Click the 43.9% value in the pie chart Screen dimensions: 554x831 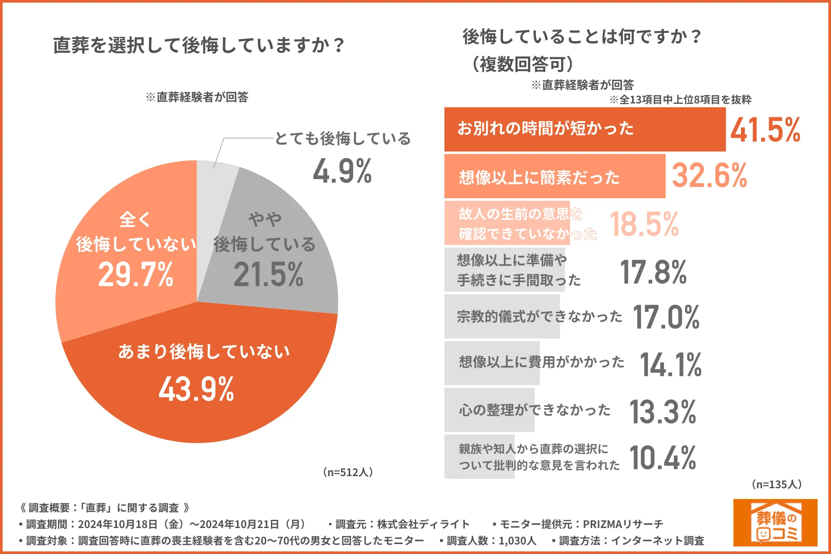(x=196, y=389)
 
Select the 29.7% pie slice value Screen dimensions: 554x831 (x=135, y=275)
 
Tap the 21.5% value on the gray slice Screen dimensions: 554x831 (x=268, y=275)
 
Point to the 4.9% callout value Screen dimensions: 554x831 (x=342, y=171)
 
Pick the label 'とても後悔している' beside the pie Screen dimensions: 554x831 (x=342, y=138)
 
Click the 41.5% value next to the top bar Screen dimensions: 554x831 (x=765, y=130)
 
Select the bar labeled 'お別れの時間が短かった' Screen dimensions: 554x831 (x=584, y=129)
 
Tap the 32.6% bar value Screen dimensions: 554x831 (x=709, y=176)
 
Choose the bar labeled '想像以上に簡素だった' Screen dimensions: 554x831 (x=554, y=177)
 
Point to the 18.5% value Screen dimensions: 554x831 (x=644, y=224)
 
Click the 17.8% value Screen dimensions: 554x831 (x=653, y=272)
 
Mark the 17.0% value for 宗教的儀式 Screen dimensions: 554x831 (x=666, y=317)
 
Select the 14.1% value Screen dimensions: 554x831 (x=670, y=364)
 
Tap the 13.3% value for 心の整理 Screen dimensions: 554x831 (x=663, y=412)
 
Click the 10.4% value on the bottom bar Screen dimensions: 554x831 (x=663, y=458)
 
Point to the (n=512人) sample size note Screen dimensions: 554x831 (x=348, y=472)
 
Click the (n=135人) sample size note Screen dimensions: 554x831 (x=776, y=484)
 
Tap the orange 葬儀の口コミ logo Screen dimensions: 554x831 (x=775, y=522)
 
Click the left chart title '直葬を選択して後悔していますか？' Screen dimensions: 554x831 (x=199, y=45)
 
